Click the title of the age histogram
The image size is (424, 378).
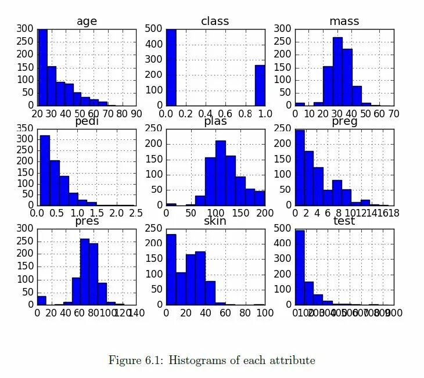coord(87,21)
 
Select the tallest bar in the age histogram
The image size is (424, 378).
coord(42,67)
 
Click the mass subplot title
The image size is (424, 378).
coord(344,21)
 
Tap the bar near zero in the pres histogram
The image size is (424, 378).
coord(41,300)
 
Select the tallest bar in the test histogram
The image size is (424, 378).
coord(300,267)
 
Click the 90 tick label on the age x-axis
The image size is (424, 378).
coord(136,114)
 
